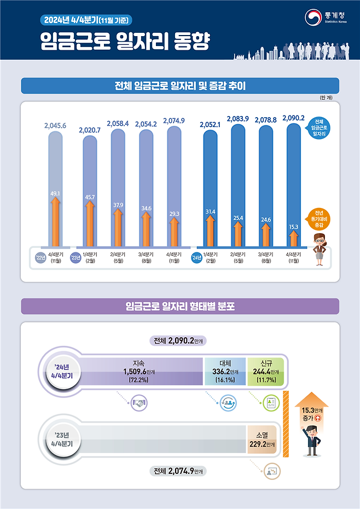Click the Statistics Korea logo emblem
point(313,17)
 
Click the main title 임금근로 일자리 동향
point(125,43)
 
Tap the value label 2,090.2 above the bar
point(293,118)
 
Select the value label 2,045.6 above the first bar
point(55,125)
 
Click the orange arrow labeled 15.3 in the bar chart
point(293,237)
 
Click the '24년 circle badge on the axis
point(195,257)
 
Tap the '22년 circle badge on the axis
point(40,257)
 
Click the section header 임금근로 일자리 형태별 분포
point(180,306)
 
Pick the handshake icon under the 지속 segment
point(139,404)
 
